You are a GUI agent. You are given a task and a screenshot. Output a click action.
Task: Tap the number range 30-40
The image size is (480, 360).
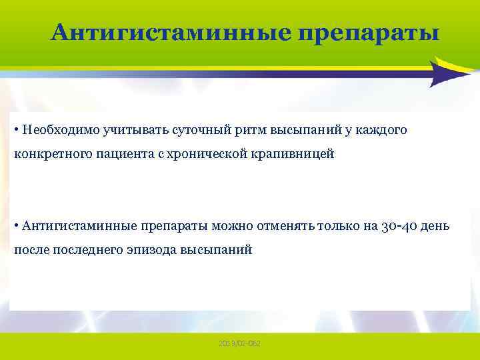click(x=401, y=225)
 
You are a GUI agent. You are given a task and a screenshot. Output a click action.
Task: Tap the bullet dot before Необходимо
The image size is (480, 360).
click(x=15, y=129)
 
